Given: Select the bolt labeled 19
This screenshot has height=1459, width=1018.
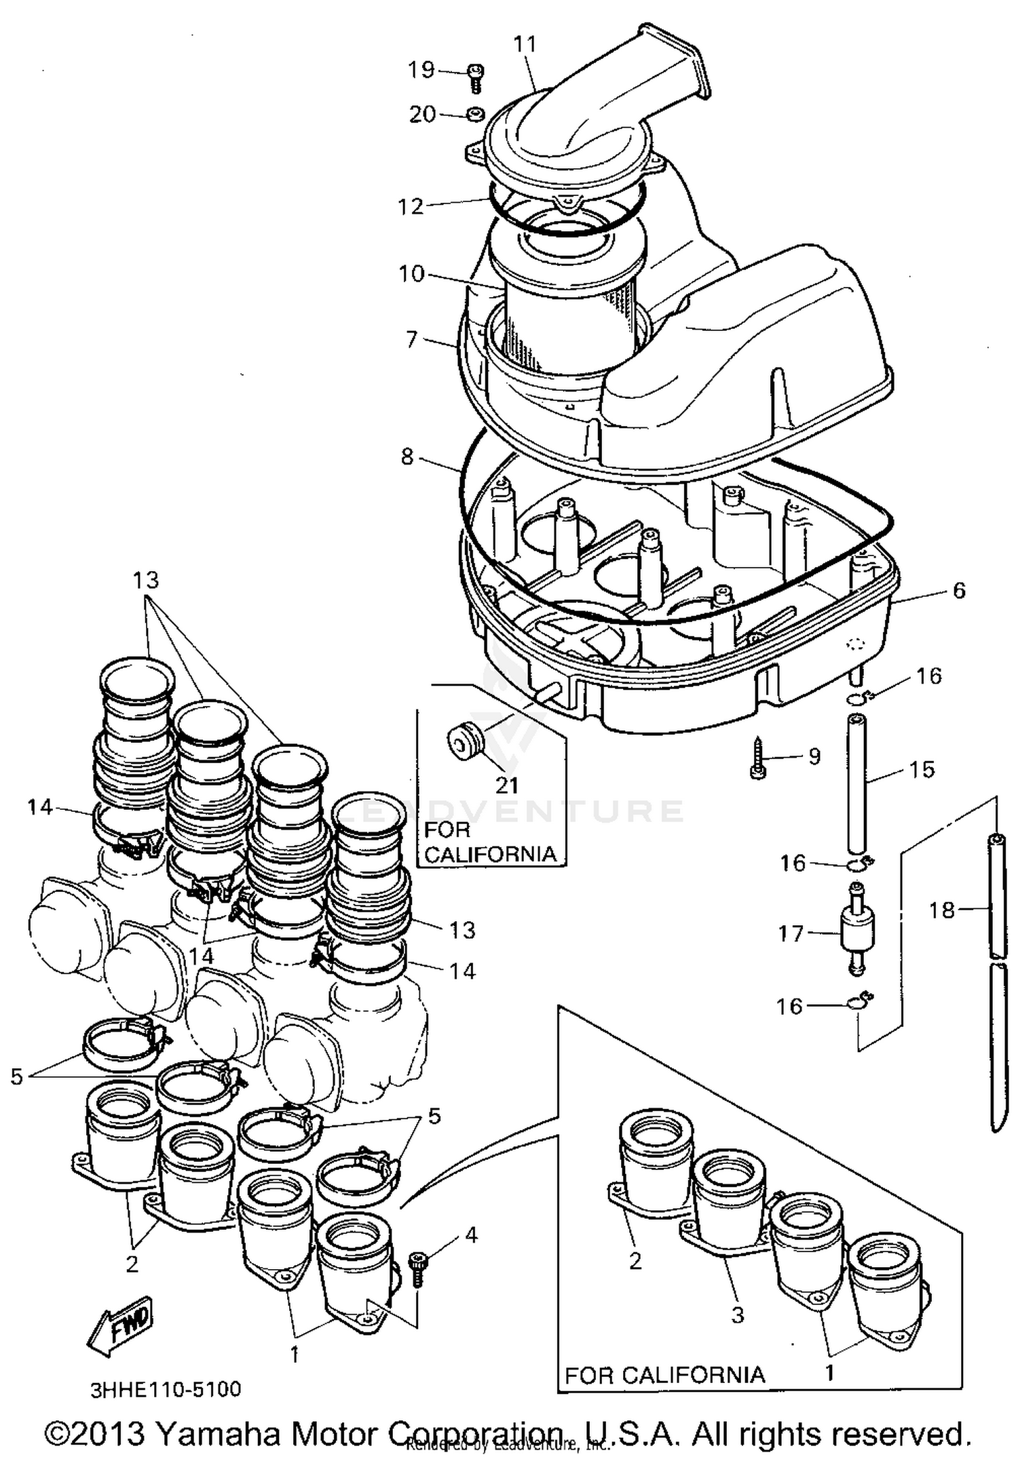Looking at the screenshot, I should pyautogui.click(x=476, y=77).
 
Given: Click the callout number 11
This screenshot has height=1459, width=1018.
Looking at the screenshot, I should pyautogui.click(x=525, y=44).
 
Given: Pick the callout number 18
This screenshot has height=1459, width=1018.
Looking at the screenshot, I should pyautogui.click(x=941, y=910).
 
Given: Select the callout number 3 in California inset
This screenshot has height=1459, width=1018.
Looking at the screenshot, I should pyautogui.click(x=738, y=1315).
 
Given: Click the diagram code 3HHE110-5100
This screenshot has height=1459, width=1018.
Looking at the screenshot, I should pyautogui.click(x=166, y=1389).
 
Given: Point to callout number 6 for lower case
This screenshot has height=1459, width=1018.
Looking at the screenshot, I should pyautogui.click(x=958, y=590).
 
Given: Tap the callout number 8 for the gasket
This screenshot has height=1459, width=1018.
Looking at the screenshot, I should pyautogui.click(x=407, y=456).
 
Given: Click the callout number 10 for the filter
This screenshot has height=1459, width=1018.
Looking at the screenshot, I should pyautogui.click(x=411, y=274).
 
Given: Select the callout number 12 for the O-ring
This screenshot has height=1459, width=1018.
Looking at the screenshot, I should pyautogui.click(x=410, y=206).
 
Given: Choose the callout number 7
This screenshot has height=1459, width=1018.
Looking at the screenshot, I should pyautogui.click(x=411, y=339).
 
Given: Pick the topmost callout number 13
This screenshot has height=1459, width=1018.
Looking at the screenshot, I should pyautogui.click(x=145, y=580).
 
